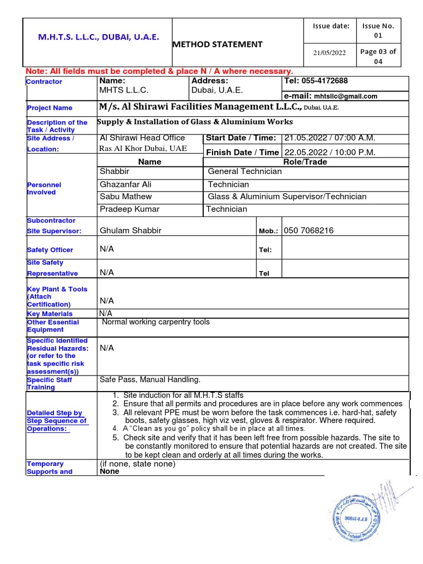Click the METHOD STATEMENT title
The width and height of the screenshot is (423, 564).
(218, 44)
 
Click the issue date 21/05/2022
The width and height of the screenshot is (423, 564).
(329, 53)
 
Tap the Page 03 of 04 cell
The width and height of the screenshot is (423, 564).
(378, 56)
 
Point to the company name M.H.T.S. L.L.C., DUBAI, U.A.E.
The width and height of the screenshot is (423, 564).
(99, 37)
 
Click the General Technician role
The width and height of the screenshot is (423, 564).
(245, 171)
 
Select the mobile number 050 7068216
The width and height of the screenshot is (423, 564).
(308, 231)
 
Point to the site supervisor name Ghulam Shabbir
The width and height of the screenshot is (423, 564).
(131, 231)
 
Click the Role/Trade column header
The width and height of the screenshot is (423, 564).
(305, 162)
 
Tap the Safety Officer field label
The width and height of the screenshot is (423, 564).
(50, 250)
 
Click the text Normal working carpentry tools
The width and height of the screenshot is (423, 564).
(156, 322)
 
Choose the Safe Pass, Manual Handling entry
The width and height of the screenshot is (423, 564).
(150, 379)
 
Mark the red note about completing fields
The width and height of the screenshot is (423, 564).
(160, 72)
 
